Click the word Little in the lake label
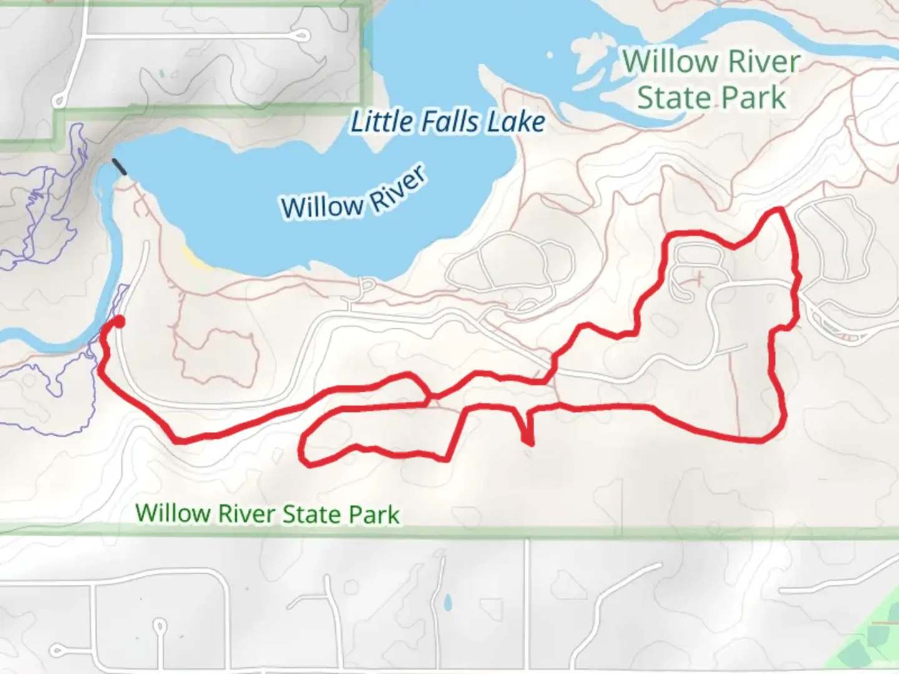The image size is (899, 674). pos(380,122)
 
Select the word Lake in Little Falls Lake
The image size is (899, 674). pos(515,122)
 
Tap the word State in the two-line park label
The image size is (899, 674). pos(674,98)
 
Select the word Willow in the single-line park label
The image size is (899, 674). pos(173,513)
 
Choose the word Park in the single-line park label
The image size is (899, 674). pos(373,514)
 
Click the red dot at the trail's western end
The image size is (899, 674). pos(117,321)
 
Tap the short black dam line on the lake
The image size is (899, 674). pos(119,167)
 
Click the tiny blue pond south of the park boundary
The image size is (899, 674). pos(447,603)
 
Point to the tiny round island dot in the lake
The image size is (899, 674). pos(551,56)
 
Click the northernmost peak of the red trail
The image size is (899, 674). pos(779,210)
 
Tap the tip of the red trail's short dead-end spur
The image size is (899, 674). pos(530,444)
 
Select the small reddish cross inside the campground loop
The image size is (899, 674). pos(699,276)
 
